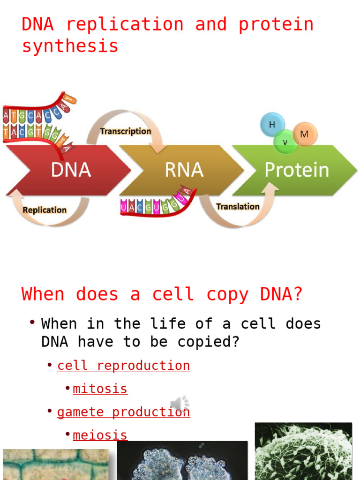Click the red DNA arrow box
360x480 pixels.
click(70, 170)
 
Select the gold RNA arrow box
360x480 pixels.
click(184, 170)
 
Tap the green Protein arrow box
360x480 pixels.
click(296, 170)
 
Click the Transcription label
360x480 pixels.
click(126, 131)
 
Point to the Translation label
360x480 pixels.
click(238, 206)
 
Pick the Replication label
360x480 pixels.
click(45, 210)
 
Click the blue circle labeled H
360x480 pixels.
click(272, 125)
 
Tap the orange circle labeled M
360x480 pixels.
click(305, 135)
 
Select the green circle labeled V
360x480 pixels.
click(285, 142)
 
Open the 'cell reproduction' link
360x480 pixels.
click(123, 366)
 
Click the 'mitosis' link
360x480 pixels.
click(100, 389)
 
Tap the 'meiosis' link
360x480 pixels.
click(100, 435)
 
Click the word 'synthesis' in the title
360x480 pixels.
click(70, 46)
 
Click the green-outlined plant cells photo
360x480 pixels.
click(55, 465)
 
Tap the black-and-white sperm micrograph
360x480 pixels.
click(303, 451)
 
